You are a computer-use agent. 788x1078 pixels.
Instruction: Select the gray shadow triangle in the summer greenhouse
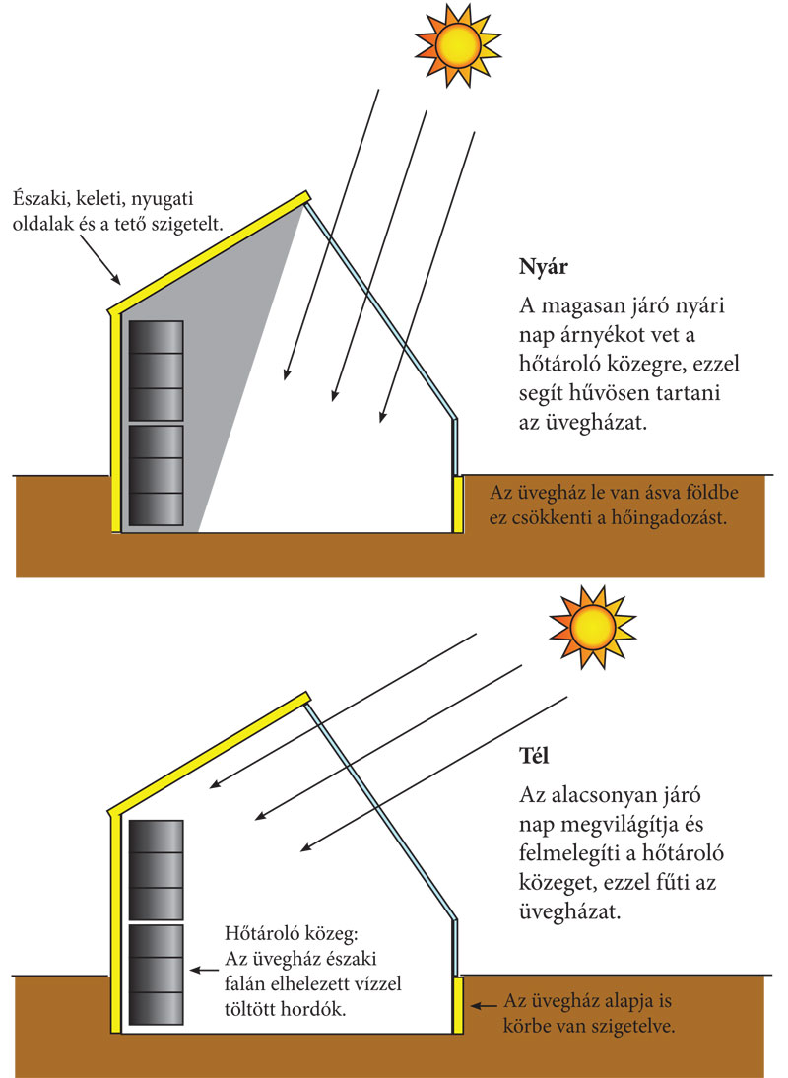point(227,394)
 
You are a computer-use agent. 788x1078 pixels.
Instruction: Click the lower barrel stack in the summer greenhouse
point(156,474)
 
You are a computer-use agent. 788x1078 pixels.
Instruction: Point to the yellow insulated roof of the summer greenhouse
point(207,246)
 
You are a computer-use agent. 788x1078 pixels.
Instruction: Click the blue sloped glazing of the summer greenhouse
point(379,305)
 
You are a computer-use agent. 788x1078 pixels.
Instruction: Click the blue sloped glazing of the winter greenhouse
point(379,808)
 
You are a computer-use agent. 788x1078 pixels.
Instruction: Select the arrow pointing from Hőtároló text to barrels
point(204,970)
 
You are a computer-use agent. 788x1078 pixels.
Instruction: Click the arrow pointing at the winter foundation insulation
point(485,1006)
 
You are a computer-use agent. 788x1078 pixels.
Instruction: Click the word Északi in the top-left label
point(39,197)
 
